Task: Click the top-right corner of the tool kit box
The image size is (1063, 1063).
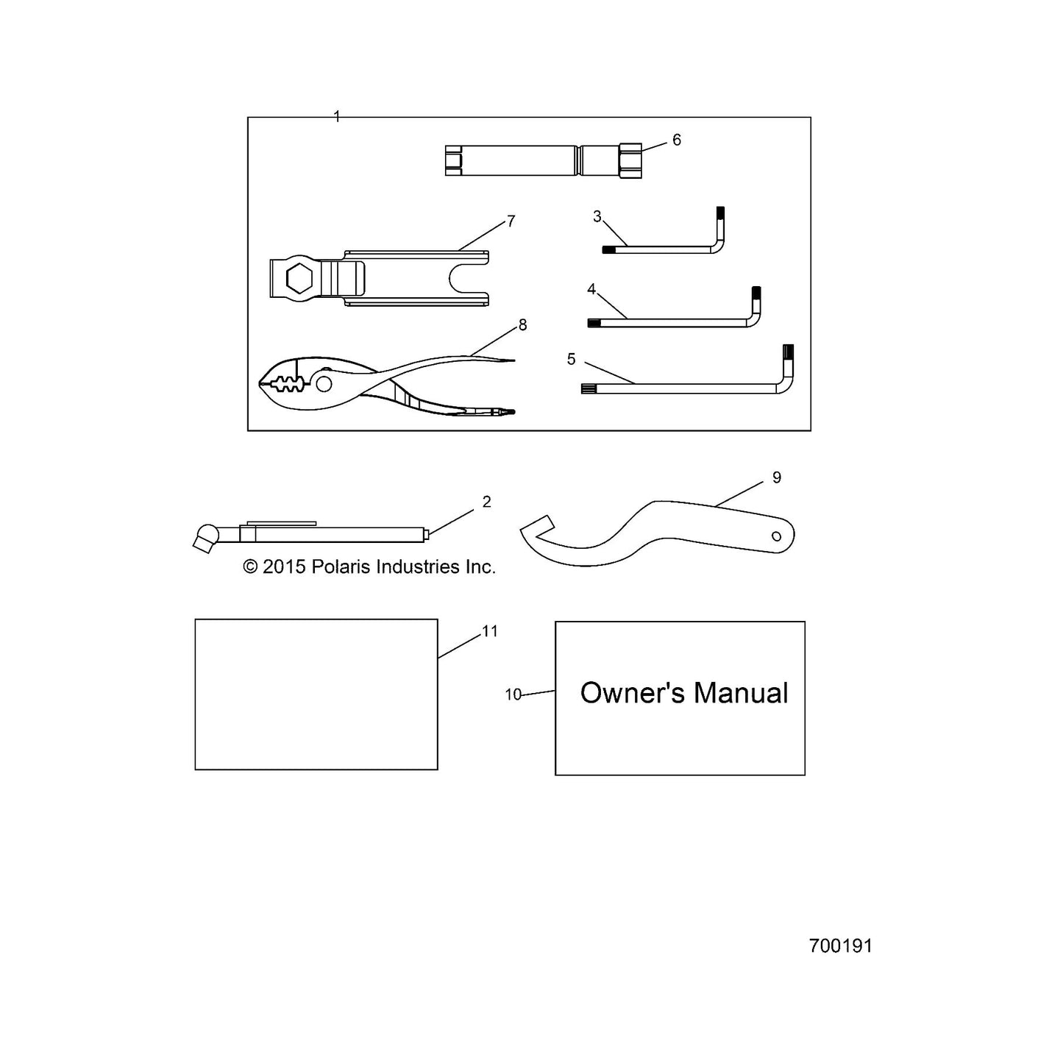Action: [811, 117]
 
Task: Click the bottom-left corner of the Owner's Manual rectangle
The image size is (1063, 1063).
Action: [555, 775]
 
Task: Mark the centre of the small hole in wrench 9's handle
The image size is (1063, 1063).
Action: [776, 536]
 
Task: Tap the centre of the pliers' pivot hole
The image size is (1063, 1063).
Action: [324, 383]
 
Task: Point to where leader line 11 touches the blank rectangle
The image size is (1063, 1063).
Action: [438, 658]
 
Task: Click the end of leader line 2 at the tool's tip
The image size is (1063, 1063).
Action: [429, 533]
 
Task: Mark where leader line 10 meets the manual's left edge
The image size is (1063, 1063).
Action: [555, 691]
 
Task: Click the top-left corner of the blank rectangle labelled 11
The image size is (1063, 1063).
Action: [195, 619]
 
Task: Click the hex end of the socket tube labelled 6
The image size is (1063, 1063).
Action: [630, 160]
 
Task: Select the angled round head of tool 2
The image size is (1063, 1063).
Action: [206, 537]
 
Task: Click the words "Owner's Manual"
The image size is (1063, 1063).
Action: [684, 693]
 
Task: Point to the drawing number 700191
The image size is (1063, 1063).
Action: [841, 946]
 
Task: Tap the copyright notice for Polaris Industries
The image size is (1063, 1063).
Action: [369, 566]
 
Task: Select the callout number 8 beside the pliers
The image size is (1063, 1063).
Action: [522, 325]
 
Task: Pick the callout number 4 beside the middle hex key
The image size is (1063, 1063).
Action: [591, 289]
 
